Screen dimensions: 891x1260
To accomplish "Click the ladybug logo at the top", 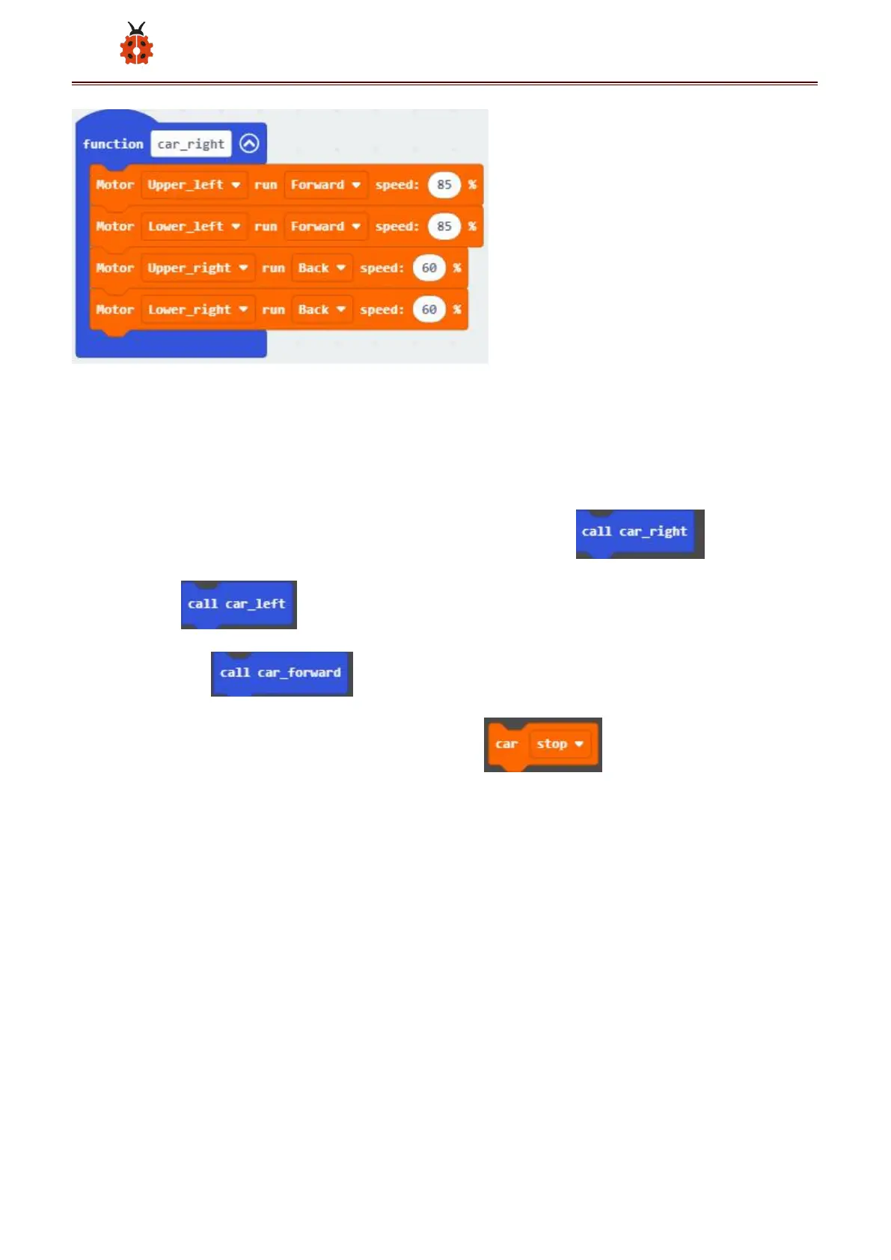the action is tap(136, 44).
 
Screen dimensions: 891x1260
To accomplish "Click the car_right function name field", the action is tap(191, 144).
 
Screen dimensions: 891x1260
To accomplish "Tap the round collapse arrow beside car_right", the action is tap(249, 143).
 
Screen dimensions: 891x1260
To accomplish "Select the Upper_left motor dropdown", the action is tap(194, 185).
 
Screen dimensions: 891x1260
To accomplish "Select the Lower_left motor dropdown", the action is tap(194, 227).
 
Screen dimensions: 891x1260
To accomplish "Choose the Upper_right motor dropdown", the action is tap(198, 268).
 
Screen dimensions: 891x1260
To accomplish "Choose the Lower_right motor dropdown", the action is tap(198, 310).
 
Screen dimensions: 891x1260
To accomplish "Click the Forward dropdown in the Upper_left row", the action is tap(325, 185).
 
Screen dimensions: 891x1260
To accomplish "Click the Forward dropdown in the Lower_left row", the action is tap(325, 227).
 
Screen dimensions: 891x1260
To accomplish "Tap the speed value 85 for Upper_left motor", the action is tap(444, 185).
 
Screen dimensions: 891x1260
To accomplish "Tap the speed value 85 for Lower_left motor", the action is tap(444, 227).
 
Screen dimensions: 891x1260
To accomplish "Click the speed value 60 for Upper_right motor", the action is tap(429, 268).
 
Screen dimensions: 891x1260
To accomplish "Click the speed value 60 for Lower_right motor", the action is tap(429, 310).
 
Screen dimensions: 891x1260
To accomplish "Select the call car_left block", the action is tap(236, 604).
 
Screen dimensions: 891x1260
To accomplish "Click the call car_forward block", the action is tap(281, 673).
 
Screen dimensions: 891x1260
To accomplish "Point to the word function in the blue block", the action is tap(113, 144).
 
